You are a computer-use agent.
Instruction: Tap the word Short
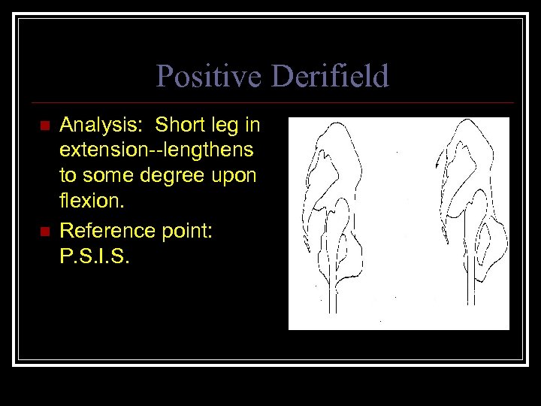point(179,123)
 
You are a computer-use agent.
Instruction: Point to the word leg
point(225,125)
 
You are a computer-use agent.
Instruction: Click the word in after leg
point(252,123)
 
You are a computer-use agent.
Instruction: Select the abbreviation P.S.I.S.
point(95,258)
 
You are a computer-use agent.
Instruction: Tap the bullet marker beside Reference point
point(44,232)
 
